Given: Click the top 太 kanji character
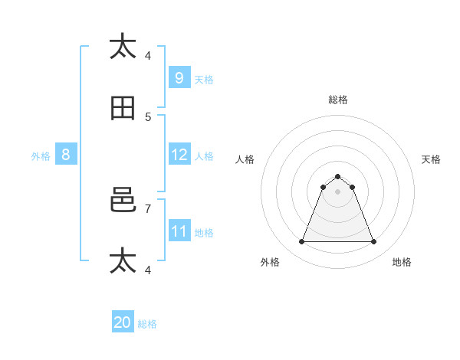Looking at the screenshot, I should pyautogui.click(x=123, y=46).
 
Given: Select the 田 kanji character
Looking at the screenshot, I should pyautogui.click(x=123, y=108).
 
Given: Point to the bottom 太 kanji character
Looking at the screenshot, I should pyautogui.click(x=123, y=260).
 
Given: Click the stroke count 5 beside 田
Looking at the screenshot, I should pyautogui.click(x=148, y=116).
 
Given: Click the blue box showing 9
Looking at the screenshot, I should pyautogui.click(x=179, y=77).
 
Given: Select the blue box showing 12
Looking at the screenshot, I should pyautogui.click(x=179, y=155).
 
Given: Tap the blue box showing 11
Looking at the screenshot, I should pyautogui.click(x=179, y=231).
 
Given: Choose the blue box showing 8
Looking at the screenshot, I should pyautogui.click(x=66, y=155).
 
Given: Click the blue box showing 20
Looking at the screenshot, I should pyautogui.click(x=123, y=322).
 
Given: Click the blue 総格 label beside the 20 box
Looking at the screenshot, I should pyautogui.click(x=148, y=324).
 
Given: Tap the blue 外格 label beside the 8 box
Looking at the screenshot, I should pyautogui.click(x=41, y=156).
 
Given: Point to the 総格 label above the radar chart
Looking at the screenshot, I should pyautogui.click(x=338, y=100).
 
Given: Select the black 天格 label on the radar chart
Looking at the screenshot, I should pyautogui.click(x=432, y=159).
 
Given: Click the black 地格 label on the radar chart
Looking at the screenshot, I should pyautogui.click(x=402, y=262).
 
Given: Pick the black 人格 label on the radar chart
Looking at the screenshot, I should pyautogui.click(x=245, y=159).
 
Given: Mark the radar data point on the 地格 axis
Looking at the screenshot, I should pyautogui.click(x=374, y=242).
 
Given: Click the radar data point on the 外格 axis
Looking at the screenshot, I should pyautogui.click(x=301, y=242).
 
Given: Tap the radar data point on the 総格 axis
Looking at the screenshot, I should pyautogui.click(x=337, y=176).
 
